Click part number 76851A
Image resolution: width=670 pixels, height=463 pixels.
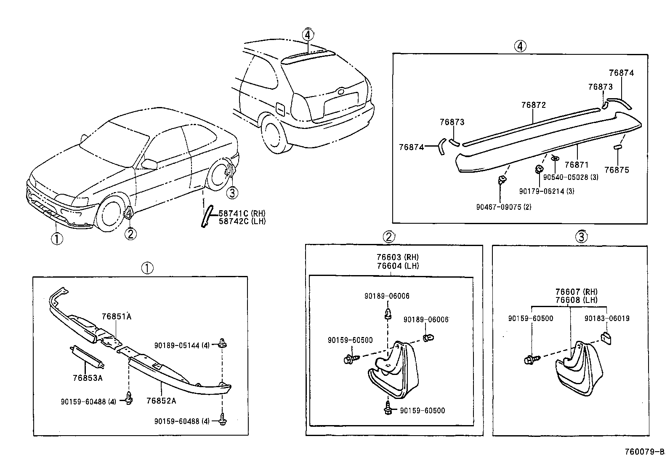[x=116, y=316]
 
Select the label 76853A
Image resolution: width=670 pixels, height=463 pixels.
[x=88, y=378]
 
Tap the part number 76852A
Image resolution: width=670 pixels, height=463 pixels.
[x=161, y=401]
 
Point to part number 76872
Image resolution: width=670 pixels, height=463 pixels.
[x=533, y=105]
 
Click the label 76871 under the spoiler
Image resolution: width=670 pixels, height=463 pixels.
[x=577, y=165]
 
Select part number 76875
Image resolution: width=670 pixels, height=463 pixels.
[x=617, y=170]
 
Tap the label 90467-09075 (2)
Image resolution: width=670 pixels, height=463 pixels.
[x=504, y=207]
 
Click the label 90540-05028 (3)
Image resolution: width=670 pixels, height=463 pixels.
[x=571, y=177]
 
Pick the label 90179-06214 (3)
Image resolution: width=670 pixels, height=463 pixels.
[x=546, y=191]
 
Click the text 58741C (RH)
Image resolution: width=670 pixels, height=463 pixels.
[x=242, y=214]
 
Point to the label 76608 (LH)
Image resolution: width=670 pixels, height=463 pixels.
[x=576, y=300]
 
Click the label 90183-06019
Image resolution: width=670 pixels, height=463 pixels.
[x=607, y=318]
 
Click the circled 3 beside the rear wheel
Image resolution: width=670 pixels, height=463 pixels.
[x=232, y=193]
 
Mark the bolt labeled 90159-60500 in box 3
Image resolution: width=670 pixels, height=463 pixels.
[x=529, y=360]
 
